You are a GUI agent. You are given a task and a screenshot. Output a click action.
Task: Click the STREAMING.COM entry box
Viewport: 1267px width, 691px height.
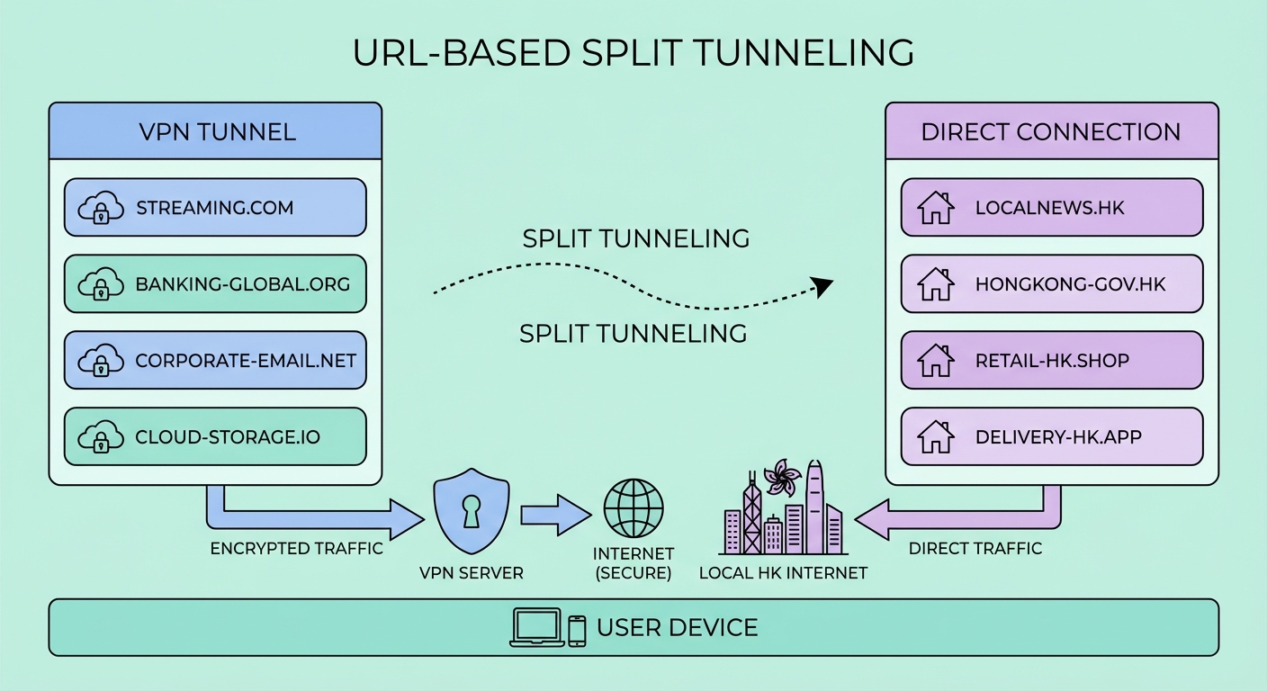[215, 208]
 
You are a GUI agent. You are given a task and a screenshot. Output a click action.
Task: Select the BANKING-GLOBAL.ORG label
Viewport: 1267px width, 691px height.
[242, 285]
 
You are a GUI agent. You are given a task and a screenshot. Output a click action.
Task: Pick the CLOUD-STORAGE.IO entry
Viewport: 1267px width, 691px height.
[215, 438]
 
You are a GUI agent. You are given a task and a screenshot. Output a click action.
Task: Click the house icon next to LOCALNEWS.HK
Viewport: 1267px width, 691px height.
[935, 208]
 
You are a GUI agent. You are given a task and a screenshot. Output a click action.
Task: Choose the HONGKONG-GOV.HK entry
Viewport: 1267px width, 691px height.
[1051, 285]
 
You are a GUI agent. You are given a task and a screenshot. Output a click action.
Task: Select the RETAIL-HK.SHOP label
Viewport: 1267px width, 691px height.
[1052, 362]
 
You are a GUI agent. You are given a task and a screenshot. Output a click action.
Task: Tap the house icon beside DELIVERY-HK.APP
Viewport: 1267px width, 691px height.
[935, 438]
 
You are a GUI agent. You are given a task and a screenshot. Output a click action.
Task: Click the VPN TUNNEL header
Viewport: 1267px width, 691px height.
[216, 131]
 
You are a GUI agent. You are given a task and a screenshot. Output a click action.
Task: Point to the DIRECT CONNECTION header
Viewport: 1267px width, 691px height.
[1051, 131]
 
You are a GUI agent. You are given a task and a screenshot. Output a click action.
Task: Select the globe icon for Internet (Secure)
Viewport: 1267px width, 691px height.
[633, 508]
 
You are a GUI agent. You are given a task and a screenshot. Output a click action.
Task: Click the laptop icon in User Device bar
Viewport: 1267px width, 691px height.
[536, 627]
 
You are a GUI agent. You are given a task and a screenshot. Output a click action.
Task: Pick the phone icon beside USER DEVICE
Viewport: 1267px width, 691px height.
[577, 630]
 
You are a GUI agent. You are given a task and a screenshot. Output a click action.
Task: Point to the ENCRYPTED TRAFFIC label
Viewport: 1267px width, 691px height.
[296, 548]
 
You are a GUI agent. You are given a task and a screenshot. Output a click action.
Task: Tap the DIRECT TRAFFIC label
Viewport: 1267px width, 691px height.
[975, 548]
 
